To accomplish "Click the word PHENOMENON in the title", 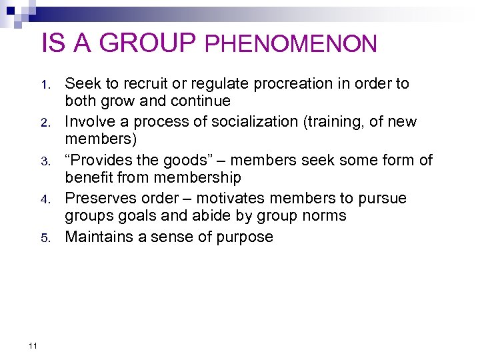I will coord(291,45).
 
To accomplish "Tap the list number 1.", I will coord(45,85).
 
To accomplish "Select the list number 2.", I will coord(45,123).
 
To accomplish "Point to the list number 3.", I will coord(45,162).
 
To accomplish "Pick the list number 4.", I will coord(45,200).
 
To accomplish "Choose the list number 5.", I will coord(45,238).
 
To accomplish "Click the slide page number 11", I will coord(33,345).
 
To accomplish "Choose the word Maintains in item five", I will coord(99,237).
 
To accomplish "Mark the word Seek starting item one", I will coord(80,84).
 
